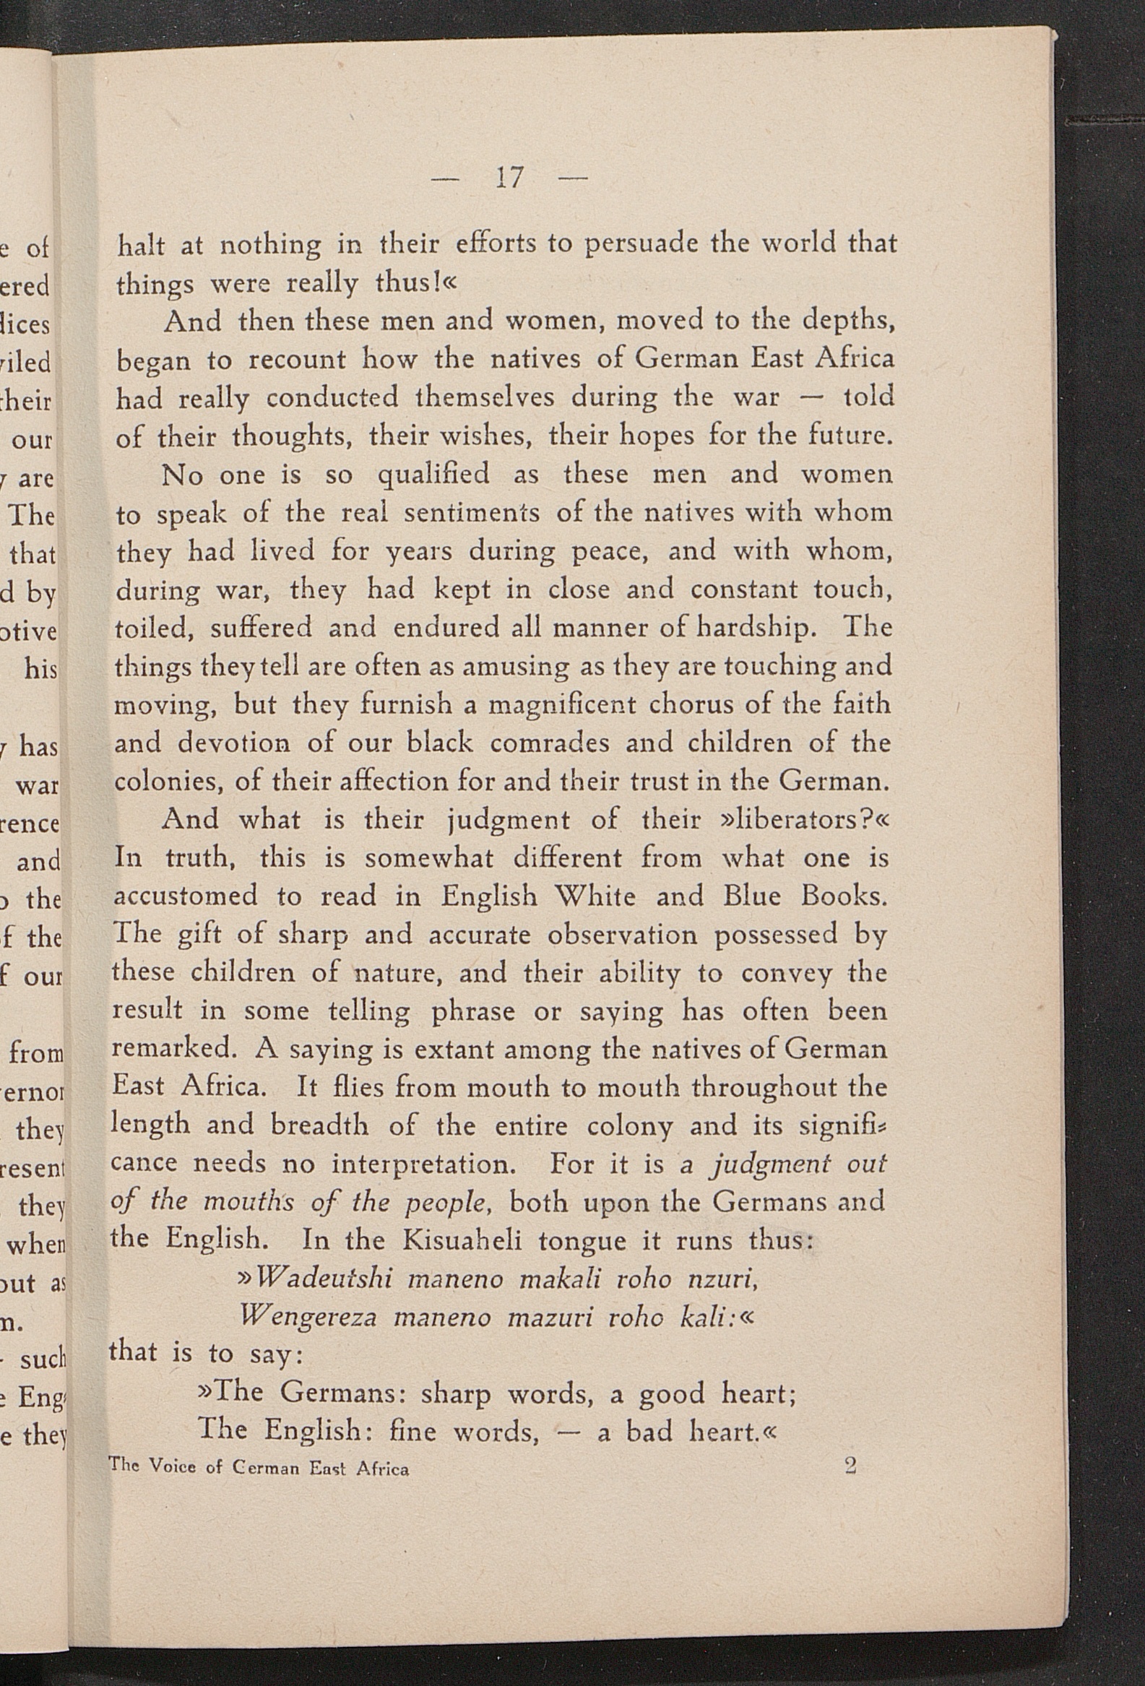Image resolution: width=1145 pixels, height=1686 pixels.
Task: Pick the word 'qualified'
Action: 433,475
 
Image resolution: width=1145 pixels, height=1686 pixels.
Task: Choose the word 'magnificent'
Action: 561,705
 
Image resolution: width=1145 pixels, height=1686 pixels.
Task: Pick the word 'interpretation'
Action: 424,1164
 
